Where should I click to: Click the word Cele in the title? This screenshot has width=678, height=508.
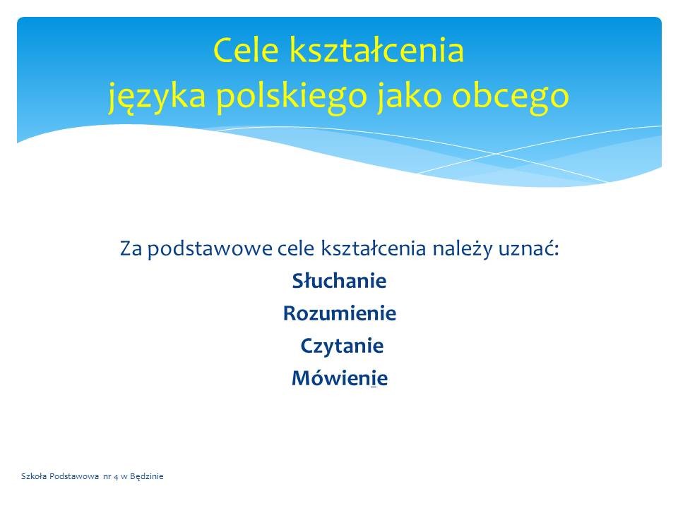(246, 50)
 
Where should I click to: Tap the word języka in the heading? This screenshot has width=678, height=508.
(157, 96)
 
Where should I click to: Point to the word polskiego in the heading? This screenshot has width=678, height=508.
(292, 96)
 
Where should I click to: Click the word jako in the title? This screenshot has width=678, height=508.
(410, 95)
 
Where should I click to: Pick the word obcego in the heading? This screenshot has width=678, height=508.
(510, 96)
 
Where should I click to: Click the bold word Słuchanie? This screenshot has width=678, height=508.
(340, 281)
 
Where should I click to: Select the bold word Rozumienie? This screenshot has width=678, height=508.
(340, 313)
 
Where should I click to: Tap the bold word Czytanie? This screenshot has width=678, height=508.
(342, 346)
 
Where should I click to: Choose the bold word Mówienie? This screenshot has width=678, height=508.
(340, 378)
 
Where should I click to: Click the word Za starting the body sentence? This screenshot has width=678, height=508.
(131, 249)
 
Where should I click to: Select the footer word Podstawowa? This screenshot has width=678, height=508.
(74, 476)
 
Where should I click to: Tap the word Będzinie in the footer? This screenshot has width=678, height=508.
(147, 477)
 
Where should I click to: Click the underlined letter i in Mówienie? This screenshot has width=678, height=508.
(373, 378)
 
